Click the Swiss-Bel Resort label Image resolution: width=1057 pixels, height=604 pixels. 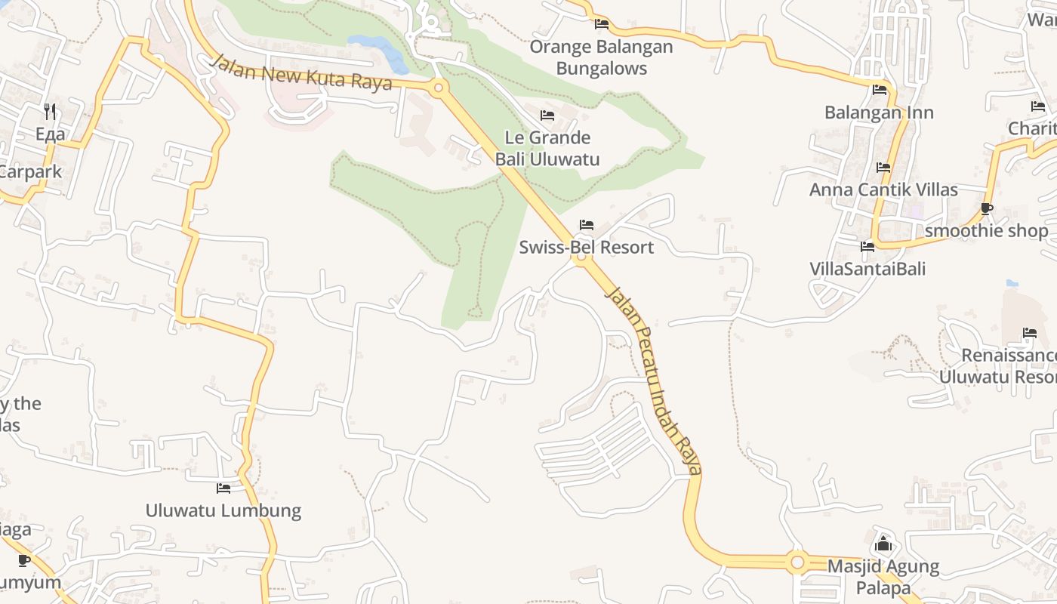click(x=586, y=247)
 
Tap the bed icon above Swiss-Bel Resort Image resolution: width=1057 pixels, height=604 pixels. click(x=586, y=225)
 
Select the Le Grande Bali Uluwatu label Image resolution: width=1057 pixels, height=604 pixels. click(x=547, y=148)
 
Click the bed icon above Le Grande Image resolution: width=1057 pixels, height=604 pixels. click(x=547, y=116)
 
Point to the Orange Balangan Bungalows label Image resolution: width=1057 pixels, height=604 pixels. click(x=601, y=57)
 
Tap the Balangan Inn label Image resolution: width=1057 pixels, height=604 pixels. click(x=879, y=112)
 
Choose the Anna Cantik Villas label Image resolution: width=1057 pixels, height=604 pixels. click(x=883, y=190)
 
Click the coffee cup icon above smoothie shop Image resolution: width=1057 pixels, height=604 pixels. click(x=986, y=208)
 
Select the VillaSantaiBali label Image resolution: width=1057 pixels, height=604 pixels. click(x=867, y=269)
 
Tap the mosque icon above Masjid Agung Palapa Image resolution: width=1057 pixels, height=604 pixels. click(x=883, y=543)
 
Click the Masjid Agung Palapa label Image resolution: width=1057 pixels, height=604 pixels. click(x=883, y=577)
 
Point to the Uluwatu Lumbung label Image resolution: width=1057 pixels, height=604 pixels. click(x=223, y=510)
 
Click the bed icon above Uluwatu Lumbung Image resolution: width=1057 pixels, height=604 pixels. click(x=223, y=488)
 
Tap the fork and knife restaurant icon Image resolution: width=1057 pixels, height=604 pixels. click(x=50, y=112)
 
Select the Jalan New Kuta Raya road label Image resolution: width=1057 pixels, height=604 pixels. click(x=301, y=73)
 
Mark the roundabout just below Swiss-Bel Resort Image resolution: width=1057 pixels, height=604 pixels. click(x=581, y=258)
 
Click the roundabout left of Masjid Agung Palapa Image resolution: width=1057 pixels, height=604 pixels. click(x=797, y=562)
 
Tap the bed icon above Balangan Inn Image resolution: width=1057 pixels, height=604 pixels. click(x=880, y=90)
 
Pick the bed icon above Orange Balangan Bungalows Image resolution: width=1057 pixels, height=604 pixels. click(x=602, y=24)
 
